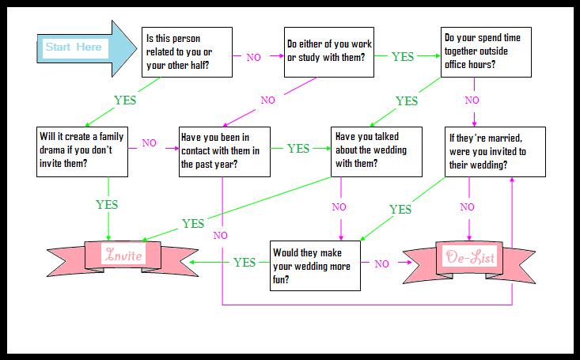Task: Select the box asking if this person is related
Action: tap(188, 51)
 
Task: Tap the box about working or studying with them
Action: tap(328, 51)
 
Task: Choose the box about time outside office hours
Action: tap(486, 51)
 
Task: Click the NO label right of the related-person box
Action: tap(254, 58)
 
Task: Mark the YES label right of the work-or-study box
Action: tap(403, 57)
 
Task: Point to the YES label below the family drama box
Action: tap(107, 205)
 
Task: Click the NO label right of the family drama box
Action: tap(150, 144)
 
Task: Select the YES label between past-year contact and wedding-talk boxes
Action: tap(298, 148)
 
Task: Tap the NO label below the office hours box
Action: tap(472, 100)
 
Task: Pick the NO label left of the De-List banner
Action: tap(381, 263)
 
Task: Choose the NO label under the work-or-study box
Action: tap(267, 100)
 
